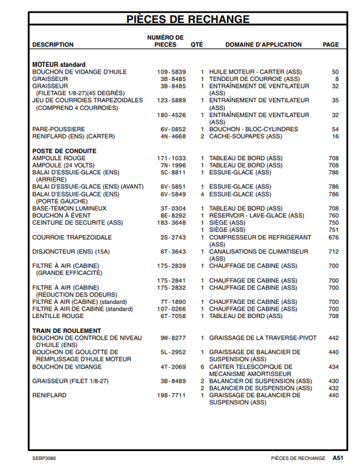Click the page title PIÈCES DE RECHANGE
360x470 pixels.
pyautogui.click(x=188, y=19)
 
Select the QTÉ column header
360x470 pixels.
pyautogui.click(x=197, y=45)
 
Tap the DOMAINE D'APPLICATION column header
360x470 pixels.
pyautogui.click(x=263, y=45)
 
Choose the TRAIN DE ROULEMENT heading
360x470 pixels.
pyautogui.click(x=66, y=331)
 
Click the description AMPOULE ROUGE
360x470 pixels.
pyautogui.click(x=59, y=157)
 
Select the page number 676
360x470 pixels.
pyautogui.click(x=334, y=237)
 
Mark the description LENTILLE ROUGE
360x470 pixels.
pyautogui.click(x=58, y=315)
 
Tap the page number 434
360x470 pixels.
pyautogui.click(x=334, y=367)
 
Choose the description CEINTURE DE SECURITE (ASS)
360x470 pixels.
pyautogui.click(x=78, y=222)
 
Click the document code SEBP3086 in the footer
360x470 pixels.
pyautogui.click(x=44, y=457)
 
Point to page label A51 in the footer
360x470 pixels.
pyautogui.click(x=338, y=457)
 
